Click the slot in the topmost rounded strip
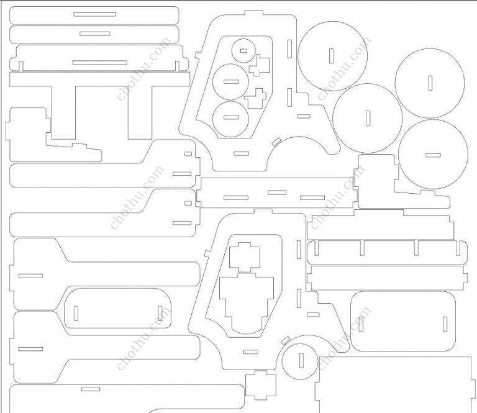pos(94,14)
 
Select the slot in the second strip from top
pos(95,34)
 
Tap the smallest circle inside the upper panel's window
pos(243,50)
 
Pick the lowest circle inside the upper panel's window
pos(230,119)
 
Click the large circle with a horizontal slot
pos(433,155)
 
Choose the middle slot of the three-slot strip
pos(277,193)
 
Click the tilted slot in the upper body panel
pos(276,142)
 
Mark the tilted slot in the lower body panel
pos(285,340)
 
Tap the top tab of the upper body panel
pos(253,13)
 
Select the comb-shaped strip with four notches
pos(387,252)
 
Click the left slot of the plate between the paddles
pos(76,313)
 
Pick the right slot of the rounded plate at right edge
pos(445,324)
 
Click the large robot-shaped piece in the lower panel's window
pos(247,301)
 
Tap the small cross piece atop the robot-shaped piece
pos(245,257)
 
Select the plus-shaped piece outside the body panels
pos(261,385)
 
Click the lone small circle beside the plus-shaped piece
pos(300,361)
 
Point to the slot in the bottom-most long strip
pos(91,389)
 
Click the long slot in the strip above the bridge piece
pos(100,63)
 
